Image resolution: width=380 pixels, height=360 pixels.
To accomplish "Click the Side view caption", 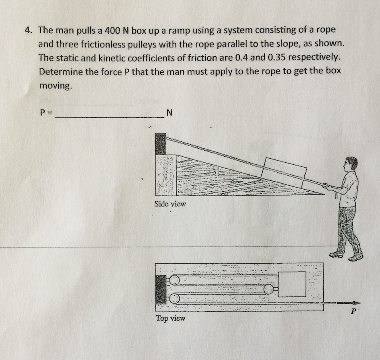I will click(170, 204).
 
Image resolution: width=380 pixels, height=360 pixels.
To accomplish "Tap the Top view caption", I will click(170, 318).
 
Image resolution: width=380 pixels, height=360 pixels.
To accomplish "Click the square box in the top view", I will click(292, 284).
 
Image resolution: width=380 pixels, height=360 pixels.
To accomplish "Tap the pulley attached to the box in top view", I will click(268, 289).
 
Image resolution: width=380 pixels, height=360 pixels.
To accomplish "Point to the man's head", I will click(351, 164).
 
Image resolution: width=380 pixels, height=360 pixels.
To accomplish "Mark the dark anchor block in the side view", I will click(160, 144).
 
